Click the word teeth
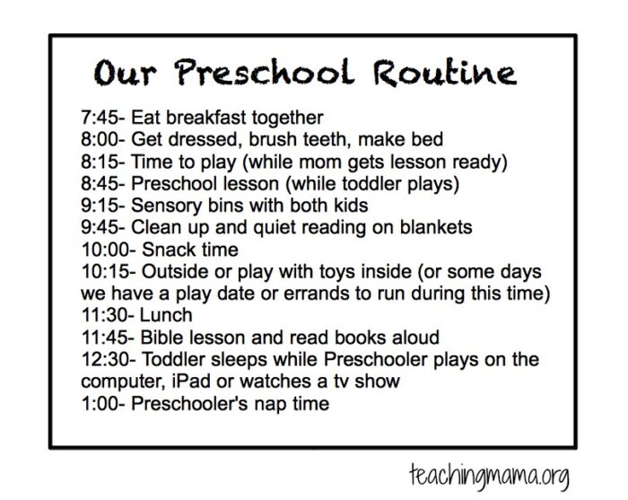(x=311, y=139)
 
